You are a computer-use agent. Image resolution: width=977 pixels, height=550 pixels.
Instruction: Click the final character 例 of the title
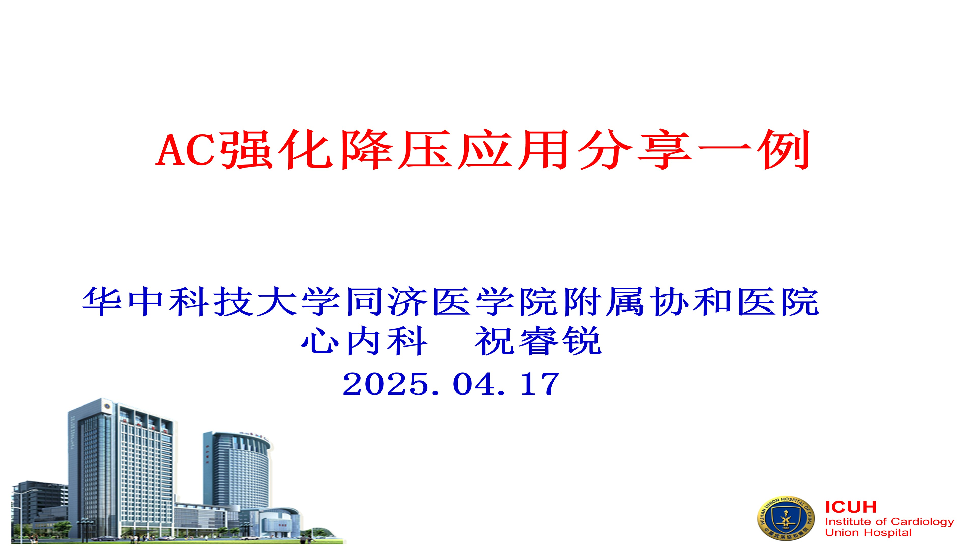784,149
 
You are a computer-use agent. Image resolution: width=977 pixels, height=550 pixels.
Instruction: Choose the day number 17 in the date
540,384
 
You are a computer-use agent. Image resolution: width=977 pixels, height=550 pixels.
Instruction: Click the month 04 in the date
474,384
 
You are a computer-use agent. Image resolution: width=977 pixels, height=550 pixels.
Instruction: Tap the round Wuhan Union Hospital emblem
786,519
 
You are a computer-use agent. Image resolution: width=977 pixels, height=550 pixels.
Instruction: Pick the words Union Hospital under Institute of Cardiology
868,532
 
